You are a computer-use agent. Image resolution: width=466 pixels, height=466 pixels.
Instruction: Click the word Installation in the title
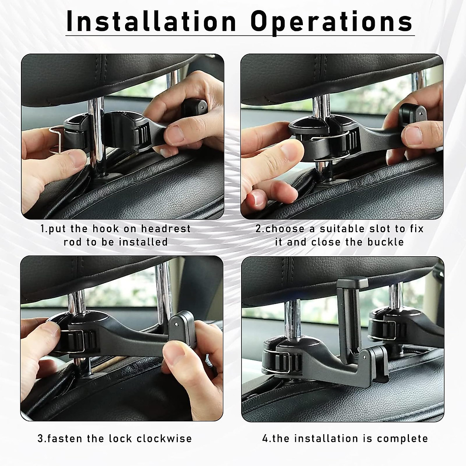[151, 21]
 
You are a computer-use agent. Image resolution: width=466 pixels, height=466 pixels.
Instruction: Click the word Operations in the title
[331, 21]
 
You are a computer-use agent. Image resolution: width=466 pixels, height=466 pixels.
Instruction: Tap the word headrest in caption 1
[166, 229]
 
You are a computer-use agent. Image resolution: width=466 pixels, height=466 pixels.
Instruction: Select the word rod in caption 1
[73, 242]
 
